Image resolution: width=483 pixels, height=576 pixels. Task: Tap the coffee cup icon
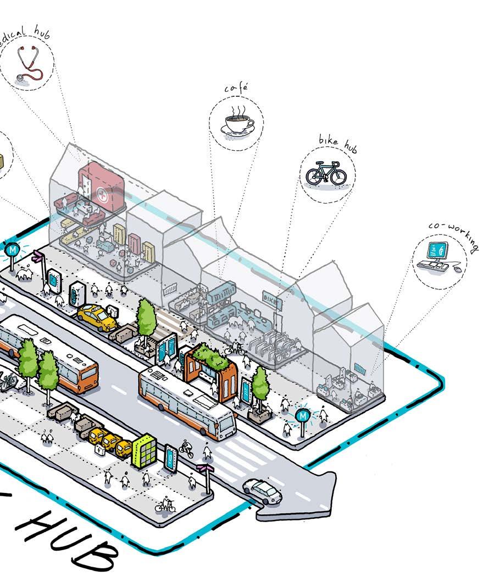(237, 122)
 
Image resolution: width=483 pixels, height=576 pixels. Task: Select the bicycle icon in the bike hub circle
(326, 173)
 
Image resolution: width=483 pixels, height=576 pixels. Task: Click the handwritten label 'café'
(236, 88)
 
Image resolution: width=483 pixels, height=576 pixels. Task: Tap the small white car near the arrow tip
(262, 491)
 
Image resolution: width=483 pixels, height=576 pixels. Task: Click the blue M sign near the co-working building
(302, 416)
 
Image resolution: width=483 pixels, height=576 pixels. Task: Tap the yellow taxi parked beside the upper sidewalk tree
(97, 317)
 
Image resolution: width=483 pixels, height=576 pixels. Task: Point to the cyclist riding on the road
(186, 449)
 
